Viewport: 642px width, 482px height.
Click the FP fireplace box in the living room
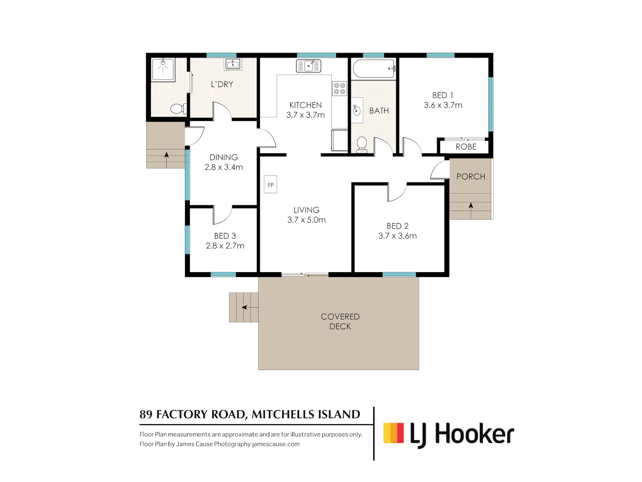pos(270,184)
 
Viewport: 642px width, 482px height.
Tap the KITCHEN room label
pos(305,105)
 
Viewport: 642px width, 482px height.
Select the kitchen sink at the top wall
pos(309,66)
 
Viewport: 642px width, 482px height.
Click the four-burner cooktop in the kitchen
pos(339,88)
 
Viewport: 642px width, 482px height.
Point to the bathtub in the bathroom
pos(374,69)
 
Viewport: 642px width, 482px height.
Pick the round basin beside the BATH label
pos(357,110)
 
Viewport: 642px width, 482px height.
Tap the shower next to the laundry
pos(163,69)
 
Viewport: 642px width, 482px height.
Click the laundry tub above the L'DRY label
pos(233,64)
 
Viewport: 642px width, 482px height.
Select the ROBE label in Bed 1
pos(466,147)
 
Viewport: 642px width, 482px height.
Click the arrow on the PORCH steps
pos(471,206)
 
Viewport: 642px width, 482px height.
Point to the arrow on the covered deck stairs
pos(244,307)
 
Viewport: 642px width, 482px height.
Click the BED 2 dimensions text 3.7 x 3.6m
pos(397,236)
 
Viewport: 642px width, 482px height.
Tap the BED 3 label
pos(225,236)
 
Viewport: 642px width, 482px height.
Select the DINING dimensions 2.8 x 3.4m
pos(223,167)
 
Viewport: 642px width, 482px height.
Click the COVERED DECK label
pos(340,321)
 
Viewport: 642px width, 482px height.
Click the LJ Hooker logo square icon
pos(394,433)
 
